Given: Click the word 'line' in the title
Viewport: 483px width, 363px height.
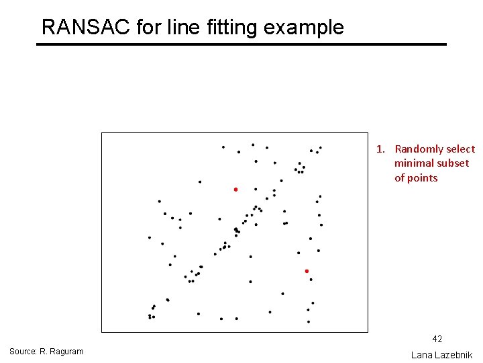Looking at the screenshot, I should click(184, 27).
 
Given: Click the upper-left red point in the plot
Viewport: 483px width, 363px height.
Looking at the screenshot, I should click(235, 190).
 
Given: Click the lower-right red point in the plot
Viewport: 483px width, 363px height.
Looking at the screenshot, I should click(307, 271).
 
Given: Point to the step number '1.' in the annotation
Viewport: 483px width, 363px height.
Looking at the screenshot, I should click(380, 149).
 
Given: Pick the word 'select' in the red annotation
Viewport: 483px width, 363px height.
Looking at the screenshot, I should click(461, 149).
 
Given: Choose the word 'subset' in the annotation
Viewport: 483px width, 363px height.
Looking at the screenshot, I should click(453, 163).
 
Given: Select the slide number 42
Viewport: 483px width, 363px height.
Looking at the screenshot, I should click(437, 339).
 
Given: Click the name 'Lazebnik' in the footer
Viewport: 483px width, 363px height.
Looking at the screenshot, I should click(454, 354).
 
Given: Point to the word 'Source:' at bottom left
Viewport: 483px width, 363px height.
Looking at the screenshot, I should click(23, 352).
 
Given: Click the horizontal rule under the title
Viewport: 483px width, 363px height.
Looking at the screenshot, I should click(241, 44).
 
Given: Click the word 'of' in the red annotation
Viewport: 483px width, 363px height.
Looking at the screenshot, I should click(400, 178).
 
